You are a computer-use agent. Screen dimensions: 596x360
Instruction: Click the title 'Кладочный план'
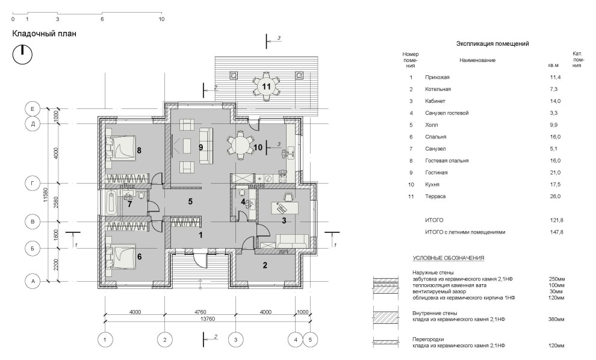44,34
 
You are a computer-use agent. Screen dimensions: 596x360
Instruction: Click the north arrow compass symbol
22,55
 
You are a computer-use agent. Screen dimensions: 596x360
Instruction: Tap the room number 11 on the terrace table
266,86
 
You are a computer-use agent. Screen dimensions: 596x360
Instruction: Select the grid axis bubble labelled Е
33,109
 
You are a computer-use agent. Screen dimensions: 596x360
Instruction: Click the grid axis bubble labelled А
33,282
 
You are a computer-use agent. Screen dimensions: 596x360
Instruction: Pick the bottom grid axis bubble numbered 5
310,340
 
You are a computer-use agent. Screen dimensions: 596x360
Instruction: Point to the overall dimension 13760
207,319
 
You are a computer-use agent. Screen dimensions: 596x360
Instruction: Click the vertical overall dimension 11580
45,194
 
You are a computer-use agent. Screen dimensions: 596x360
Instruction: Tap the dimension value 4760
200,312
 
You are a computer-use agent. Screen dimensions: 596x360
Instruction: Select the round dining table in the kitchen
241,145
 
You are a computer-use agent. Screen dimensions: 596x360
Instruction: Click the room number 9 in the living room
200,147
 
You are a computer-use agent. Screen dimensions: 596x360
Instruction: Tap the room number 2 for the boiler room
265,265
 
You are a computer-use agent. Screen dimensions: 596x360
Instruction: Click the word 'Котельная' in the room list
438,89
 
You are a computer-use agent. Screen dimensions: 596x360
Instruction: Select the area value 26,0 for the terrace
555,196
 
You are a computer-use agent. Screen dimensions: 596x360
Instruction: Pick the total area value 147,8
556,232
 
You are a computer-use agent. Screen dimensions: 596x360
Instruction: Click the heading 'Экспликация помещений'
492,44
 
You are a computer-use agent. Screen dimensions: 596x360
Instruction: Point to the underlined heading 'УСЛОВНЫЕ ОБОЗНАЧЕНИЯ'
449,258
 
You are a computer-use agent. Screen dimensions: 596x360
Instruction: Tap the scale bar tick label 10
161,19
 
